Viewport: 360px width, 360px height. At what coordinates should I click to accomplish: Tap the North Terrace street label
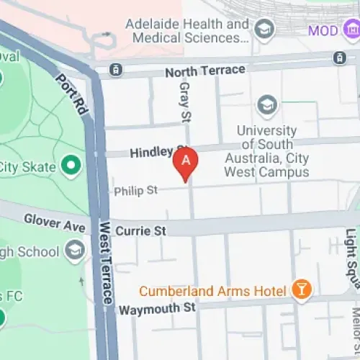pyautogui.click(x=204, y=71)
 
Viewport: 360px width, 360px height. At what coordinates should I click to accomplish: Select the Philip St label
pyautogui.click(x=135, y=191)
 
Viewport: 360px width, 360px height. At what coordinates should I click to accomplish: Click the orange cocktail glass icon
pyautogui.click(x=303, y=289)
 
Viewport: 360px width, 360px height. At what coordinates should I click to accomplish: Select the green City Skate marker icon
pyautogui.click(x=71, y=167)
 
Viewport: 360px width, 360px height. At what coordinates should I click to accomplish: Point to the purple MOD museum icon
pyautogui.click(x=352, y=30)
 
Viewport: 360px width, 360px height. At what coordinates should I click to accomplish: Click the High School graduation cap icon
pyautogui.click(x=74, y=251)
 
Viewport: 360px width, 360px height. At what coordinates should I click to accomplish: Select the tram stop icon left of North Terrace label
pyautogui.click(x=114, y=70)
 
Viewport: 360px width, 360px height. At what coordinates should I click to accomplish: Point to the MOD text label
pyautogui.click(x=323, y=30)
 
